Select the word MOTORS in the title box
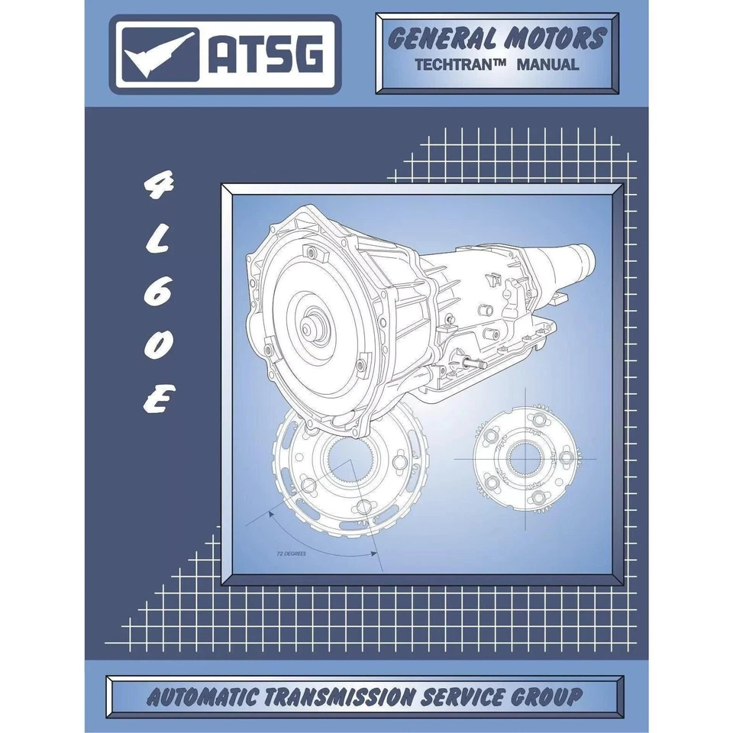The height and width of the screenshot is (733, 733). pyautogui.click(x=557, y=38)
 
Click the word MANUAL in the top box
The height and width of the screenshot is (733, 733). pyautogui.click(x=547, y=65)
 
